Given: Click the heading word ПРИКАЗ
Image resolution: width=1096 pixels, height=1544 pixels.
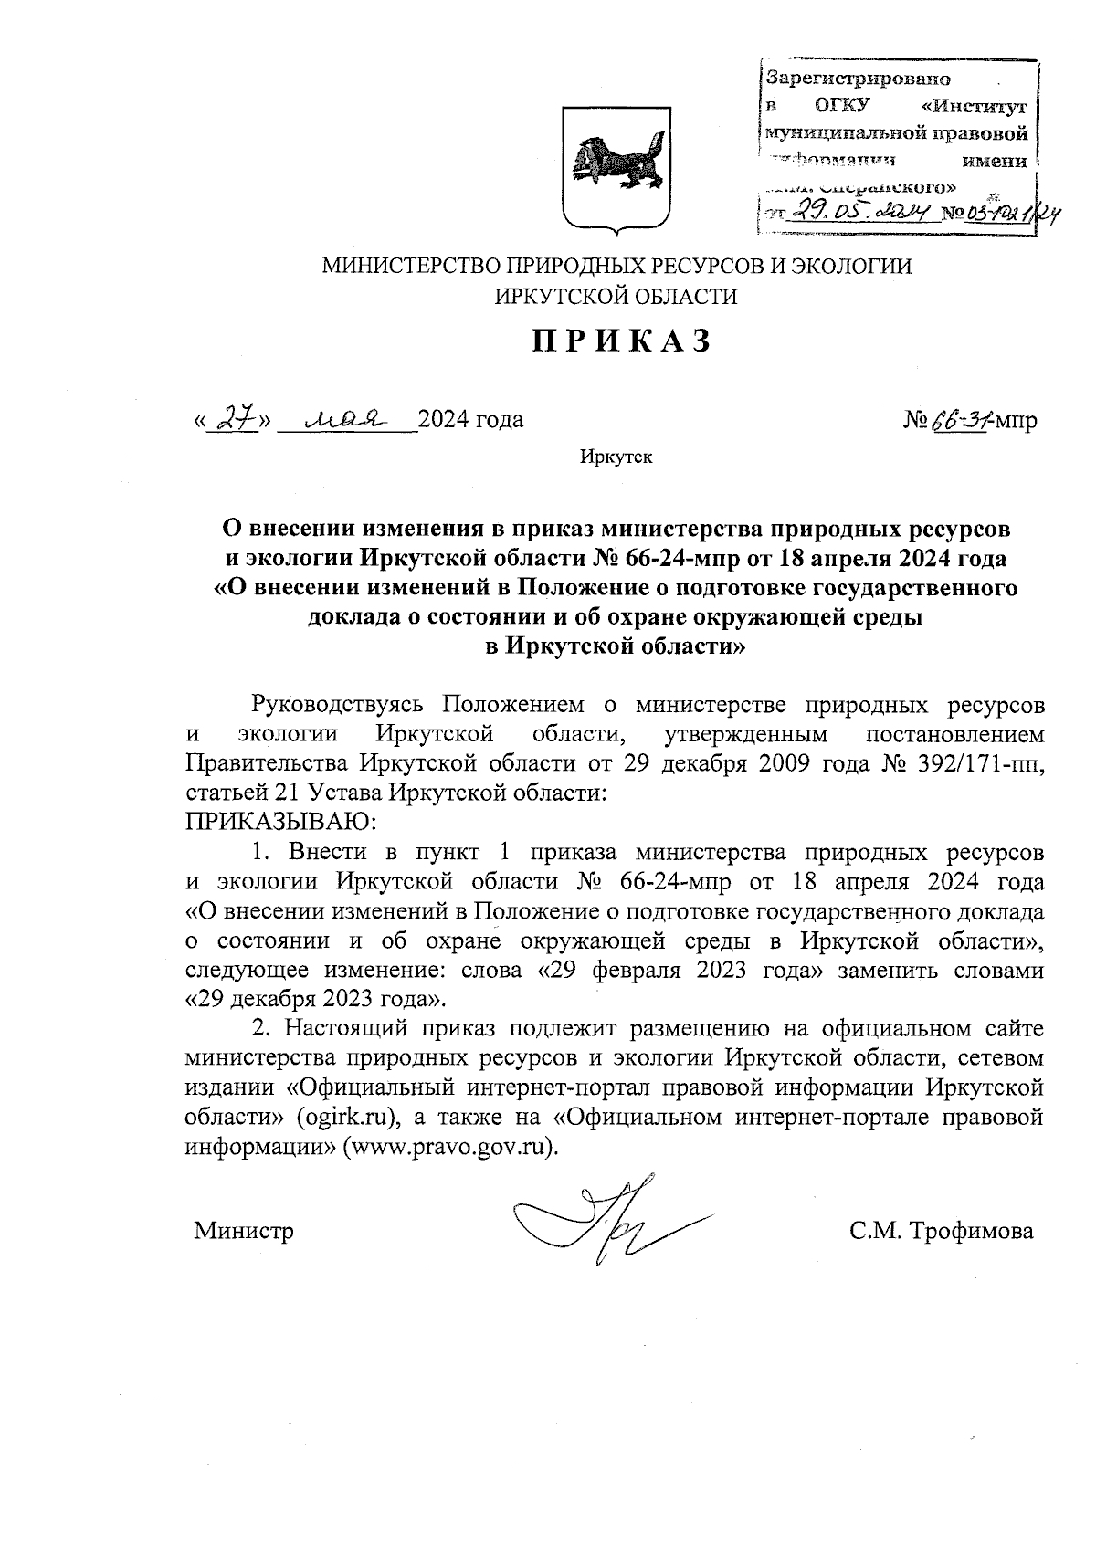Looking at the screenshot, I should [x=620, y=341].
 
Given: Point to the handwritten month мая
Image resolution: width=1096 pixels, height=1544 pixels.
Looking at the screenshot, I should [x=344, y=418].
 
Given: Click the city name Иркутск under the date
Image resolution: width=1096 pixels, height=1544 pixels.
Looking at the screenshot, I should [x=616, y=457].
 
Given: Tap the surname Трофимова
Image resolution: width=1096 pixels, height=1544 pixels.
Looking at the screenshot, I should [x=967, y=1231].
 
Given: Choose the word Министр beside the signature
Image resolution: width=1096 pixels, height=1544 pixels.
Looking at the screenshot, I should [x=244, y=1231].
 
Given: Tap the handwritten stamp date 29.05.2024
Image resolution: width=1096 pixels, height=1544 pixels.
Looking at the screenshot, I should [x=861, y=214].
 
